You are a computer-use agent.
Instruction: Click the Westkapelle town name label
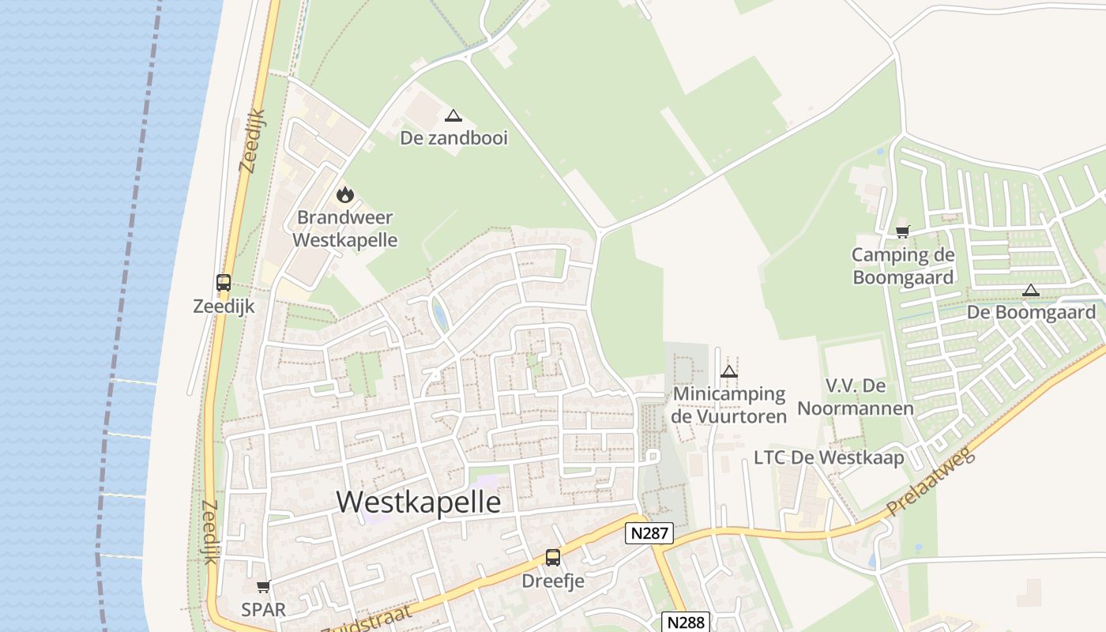[x=419, y=502]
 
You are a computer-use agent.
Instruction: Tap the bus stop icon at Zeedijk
[x=224, y=283]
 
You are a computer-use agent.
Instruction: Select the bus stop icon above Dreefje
[x=553, y=558]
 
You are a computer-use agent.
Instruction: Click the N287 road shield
[x=649, y=533]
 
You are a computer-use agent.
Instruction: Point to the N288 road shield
[x=685, y=622]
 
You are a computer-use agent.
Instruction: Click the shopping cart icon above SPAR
[x=264, y=586]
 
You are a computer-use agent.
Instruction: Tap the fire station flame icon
[x=344, y=194]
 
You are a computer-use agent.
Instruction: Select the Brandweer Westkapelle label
[x=345, y=228]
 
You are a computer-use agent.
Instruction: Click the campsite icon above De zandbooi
[x=453, y=116]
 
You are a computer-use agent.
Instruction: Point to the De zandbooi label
[x=453, y=138]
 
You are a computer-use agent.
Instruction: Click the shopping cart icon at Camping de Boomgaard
[x=902, y=231]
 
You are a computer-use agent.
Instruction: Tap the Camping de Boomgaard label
[x=903, y=266]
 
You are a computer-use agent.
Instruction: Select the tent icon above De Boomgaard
[x=1030, y=290]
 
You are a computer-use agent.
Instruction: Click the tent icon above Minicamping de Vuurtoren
[x=729, y=371]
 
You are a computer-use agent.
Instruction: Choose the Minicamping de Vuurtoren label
[x=729, y=404]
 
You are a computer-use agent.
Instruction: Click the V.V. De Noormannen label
[x=856, y=397]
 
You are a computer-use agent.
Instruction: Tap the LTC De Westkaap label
[x=829, y=457]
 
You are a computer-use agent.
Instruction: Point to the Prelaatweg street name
[x=933, y=482]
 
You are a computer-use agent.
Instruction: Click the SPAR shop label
[x=264, y=610]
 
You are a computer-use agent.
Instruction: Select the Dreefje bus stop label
[x=553, y=581]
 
